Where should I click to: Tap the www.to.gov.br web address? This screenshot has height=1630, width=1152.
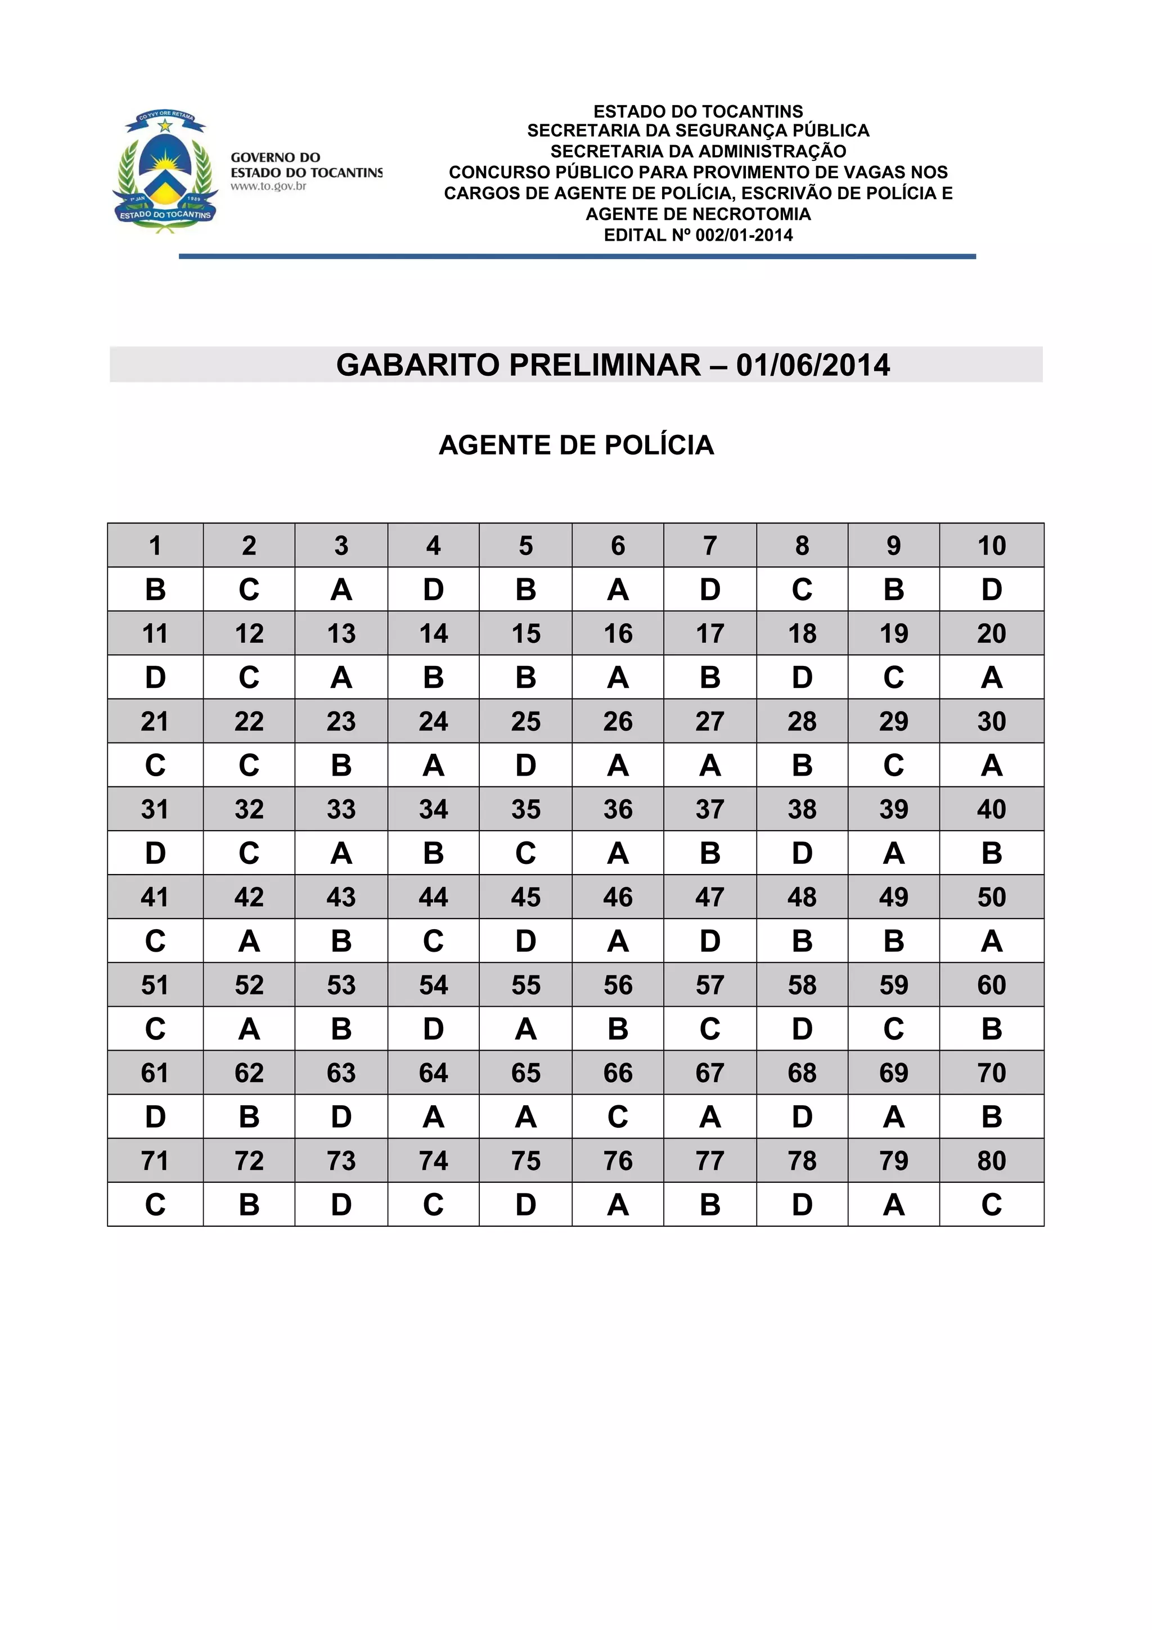click(268, 187)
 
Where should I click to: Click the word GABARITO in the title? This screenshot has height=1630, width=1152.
click(420, 365)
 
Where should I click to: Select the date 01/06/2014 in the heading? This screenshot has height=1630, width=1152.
click(813, 365)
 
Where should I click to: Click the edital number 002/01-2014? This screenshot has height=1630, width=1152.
click(744, 236)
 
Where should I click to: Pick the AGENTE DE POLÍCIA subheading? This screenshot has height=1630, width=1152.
click(577, 445)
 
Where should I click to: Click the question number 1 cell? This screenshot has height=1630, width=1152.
click(155, 545)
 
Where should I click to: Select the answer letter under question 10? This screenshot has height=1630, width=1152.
click(991, 589)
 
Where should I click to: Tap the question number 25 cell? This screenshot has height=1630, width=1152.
click(525, 721)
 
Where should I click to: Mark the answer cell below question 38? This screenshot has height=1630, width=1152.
click(802, 853)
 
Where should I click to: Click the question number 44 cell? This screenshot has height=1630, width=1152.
click(433, 897)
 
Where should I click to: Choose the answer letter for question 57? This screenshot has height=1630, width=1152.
click(710, 1029)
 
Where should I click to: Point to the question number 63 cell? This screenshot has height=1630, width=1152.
click(341, 1073)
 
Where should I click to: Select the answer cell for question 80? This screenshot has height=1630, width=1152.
click(991, 1205)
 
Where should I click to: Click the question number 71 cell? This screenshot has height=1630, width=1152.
click(155, 1161)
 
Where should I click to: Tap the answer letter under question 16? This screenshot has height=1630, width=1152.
click(618, 677)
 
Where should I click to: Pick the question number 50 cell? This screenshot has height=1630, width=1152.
click(991, 897)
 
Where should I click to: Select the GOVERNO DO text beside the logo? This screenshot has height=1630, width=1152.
click(276, 157)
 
